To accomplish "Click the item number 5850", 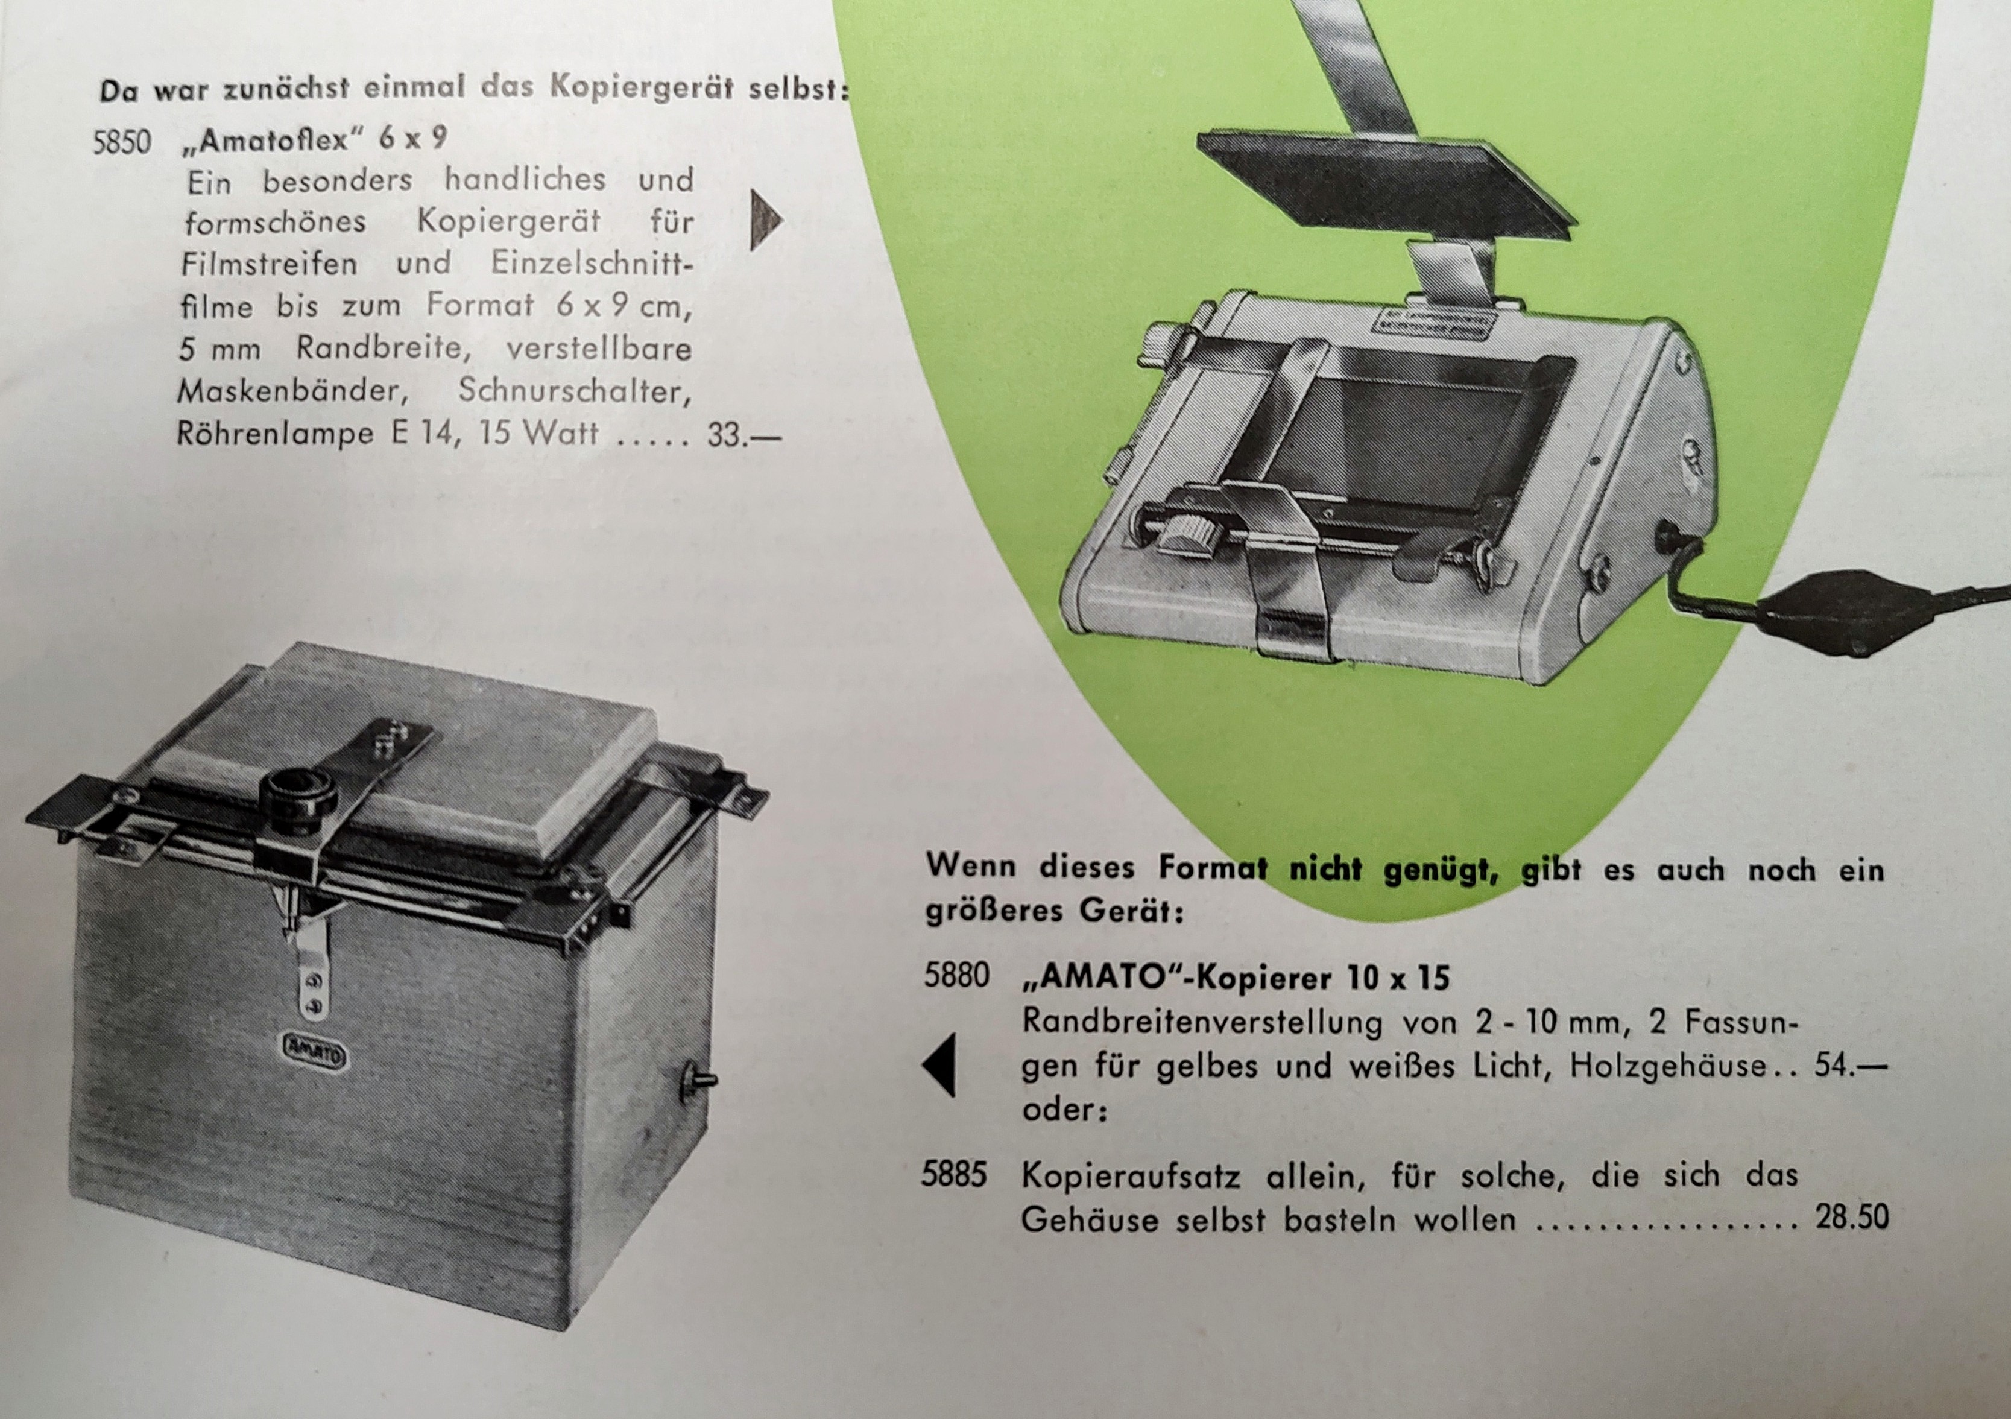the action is coord(122,141).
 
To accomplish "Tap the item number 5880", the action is coord(956,975).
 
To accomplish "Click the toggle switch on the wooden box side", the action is coord(696,1079).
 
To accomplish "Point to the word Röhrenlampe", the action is coord(275,434).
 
